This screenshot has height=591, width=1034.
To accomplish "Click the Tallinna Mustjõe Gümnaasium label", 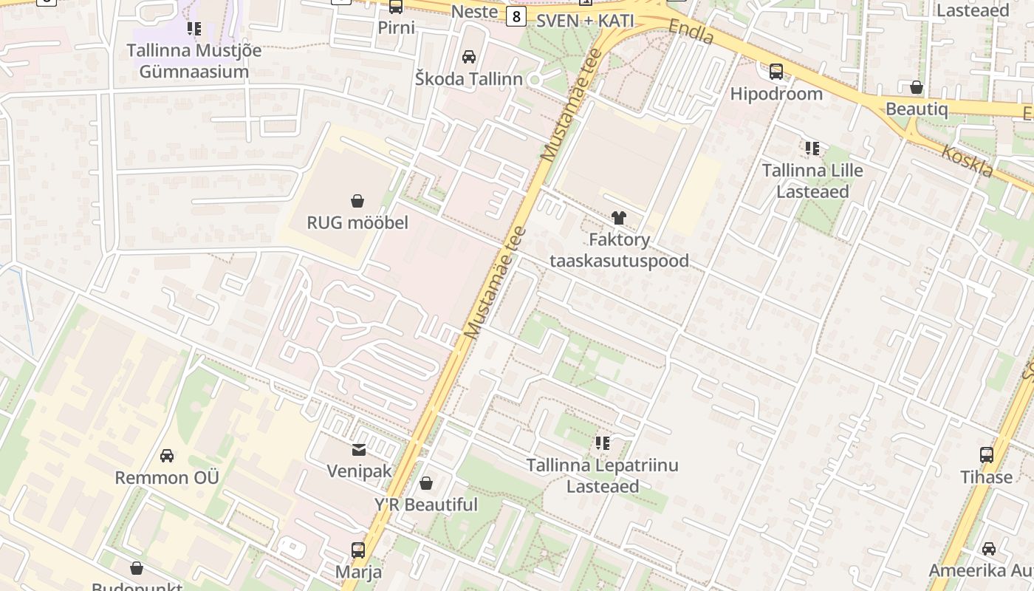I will tap(194, 61).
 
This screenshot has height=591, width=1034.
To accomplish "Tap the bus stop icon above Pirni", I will tap(396, 7).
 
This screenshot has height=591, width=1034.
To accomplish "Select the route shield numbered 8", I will tap(516, 16).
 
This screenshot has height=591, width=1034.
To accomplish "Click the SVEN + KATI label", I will tap(585, 21).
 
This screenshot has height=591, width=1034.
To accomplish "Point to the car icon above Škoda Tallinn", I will tap(468, 57).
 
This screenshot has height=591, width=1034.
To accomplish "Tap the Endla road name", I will tap(691, 32).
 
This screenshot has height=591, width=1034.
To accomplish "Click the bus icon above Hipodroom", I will tap(776, 72).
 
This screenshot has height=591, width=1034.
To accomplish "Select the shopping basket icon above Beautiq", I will tap(917, 87).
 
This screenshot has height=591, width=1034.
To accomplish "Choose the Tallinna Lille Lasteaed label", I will tap(812, 181).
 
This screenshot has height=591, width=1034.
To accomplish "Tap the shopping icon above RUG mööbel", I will tap(357, 200).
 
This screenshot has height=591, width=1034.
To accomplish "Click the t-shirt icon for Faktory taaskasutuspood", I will tap(619, 217).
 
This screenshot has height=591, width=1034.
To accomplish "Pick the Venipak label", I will tap(359, 471).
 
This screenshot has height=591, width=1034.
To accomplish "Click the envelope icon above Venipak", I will tap(359, 449).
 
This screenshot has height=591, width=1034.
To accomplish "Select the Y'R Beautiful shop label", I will tap(426, 505).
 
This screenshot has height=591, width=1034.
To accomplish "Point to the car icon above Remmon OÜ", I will tap(167, 456).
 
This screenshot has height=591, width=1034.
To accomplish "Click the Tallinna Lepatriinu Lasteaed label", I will tap(602, 476).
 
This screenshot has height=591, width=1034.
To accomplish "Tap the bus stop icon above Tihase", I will tap(987, 455).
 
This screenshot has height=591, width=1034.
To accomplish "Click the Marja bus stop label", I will tap(359, 572).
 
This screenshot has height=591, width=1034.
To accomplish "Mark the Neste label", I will tap(474, 11).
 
